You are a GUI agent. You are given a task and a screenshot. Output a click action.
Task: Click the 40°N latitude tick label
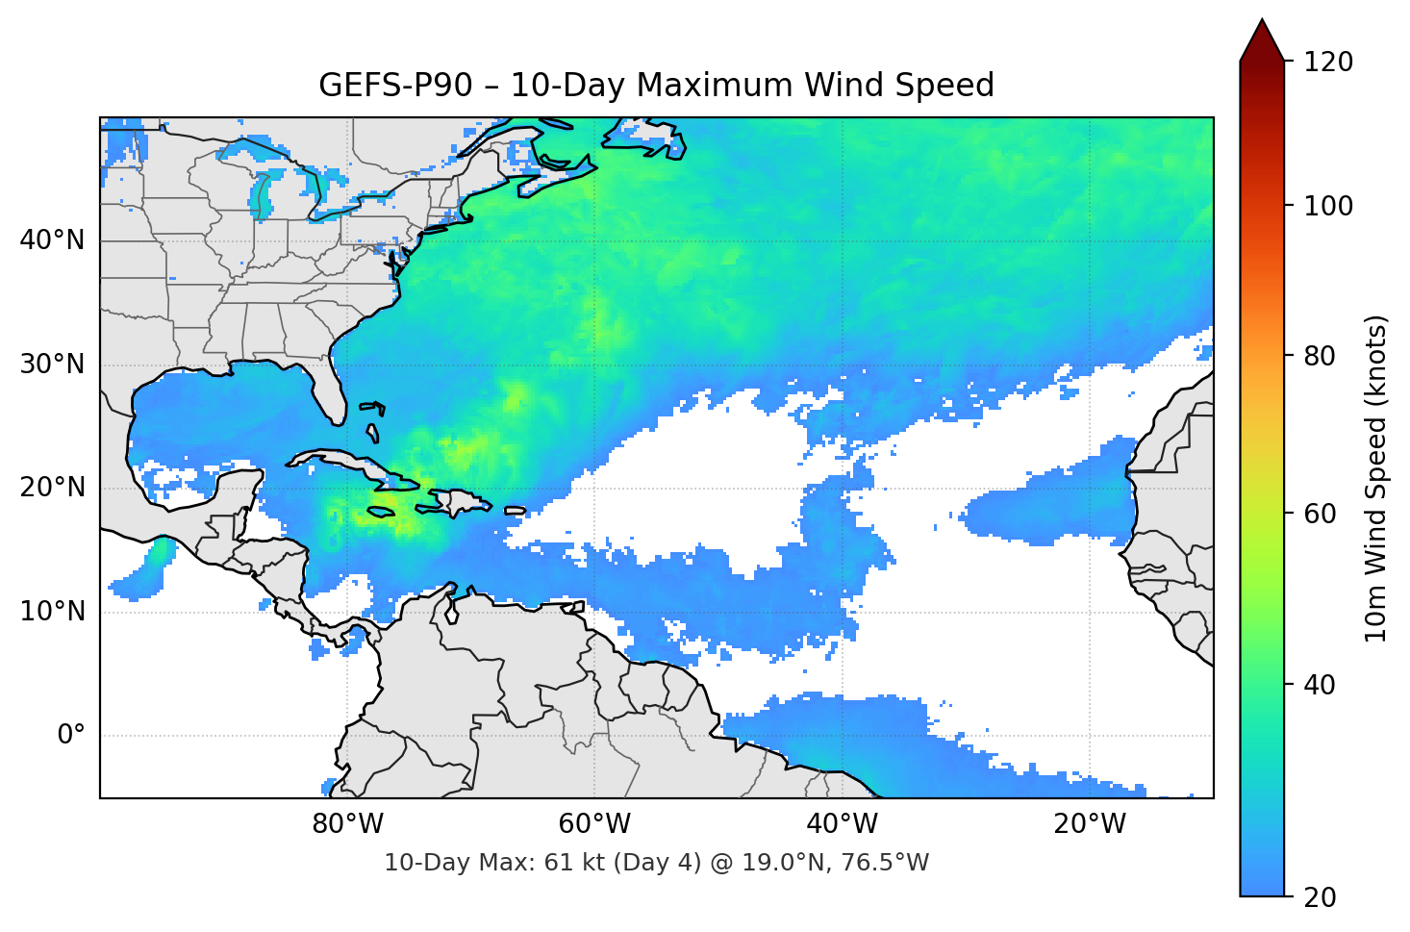pos(52,240)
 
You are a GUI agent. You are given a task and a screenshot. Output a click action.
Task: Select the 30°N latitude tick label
pos(52,365)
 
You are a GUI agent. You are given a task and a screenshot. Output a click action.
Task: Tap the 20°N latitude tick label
pos(52,488)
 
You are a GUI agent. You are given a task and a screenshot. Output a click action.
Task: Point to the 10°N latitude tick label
pos(52,612)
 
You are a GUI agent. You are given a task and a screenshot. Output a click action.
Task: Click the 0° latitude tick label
pos(71,736)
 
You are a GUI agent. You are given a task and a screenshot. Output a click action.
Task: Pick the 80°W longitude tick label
pos(347,824)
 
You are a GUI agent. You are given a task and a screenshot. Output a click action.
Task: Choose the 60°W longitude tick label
pos(594,824)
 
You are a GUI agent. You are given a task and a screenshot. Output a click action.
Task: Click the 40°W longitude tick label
pos(842,824)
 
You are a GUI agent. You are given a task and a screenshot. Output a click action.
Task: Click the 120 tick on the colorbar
pos(1328,63)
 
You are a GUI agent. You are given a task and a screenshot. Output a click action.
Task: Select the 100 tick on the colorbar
pos(1328,206)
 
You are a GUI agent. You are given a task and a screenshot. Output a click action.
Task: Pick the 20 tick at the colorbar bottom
pos(1320,897)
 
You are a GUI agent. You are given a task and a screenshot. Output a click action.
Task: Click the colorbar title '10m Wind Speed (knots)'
pos(1376,478)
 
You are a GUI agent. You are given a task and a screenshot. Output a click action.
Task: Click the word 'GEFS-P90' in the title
pos(395,86)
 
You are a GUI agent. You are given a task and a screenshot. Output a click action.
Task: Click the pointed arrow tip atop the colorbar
pos(1262,23)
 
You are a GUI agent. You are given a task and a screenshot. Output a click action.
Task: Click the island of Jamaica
pos(381,512)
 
